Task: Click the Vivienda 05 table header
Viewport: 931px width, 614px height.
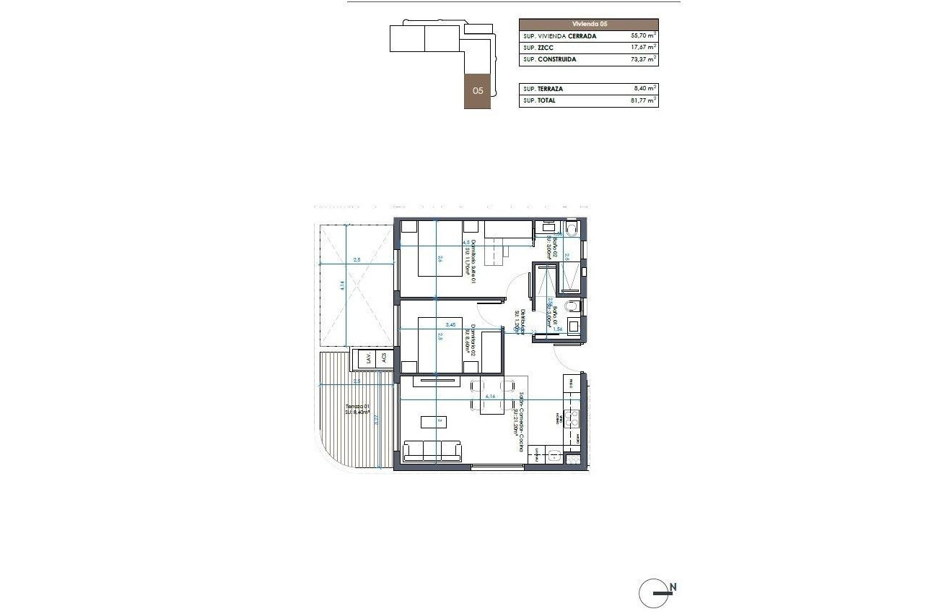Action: [588, 24]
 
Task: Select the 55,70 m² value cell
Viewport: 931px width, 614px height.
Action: [642, 35]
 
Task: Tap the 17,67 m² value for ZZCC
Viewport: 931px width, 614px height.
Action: [642, 48]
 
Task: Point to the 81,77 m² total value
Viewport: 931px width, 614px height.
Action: [642, 101]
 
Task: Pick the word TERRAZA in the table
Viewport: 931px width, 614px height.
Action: [551, 89]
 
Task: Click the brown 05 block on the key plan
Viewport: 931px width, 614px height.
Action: [478, 91]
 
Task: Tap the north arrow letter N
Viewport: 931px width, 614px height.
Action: [673, 587]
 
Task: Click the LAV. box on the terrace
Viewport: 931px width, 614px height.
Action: [369, 357]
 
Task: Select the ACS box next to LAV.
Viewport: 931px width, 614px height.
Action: [384, 357]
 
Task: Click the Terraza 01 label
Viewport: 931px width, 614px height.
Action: [357, 408]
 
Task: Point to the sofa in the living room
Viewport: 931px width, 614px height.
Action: [432, 451]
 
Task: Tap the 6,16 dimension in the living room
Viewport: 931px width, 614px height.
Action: [490, 396]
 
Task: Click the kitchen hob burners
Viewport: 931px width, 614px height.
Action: [572, 417]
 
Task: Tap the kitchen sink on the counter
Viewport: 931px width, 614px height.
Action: [554, 455]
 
